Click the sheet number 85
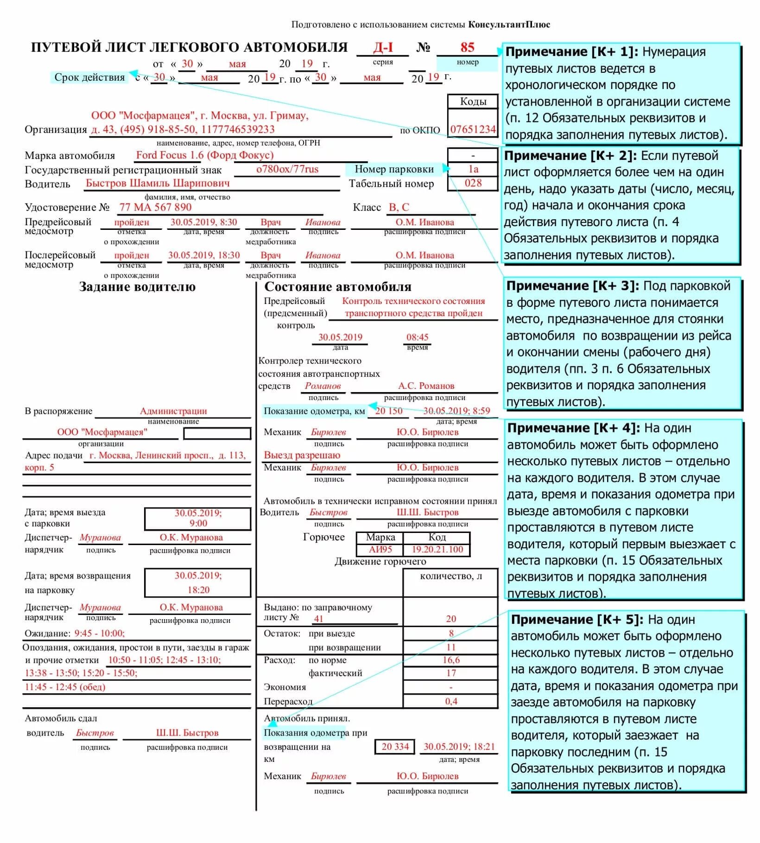pyautogui.click(x=467, y=47)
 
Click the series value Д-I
pyautogui.click(x=383, y=47)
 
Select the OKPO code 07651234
pyautogui.click(x=473, y=129)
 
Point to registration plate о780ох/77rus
pyautogui.click(x=287, y=169)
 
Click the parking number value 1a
pyautogui.click(x=473, y=169)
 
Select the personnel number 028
pyautogui.click(x=473, y=183)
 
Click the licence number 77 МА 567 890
pyautogui.click(x=155, y=207)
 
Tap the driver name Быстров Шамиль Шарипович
pyautogui.click(x=158, y=184)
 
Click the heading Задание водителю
pyautogui.click(x=137, y=287)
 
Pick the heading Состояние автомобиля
pyautogui.click(x=337, y=287)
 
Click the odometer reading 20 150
pyautogui.click(x=388, y=411)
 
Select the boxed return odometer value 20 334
pyautogui.click(x=395, y=747)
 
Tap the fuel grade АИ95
pyautogui.click(x=380, y=549)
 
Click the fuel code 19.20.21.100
pyautogui.click(x=437, y=549)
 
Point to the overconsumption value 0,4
pyautogui.click(x=451, y=701)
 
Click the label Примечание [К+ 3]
pyautogui.click(x=572, y=286)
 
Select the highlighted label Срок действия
pyautogui.click(x=89, y=77)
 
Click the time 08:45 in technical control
pyautogui.click(x=417, y=337)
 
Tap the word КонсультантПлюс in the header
pyautogui.click(x=509, y=25)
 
